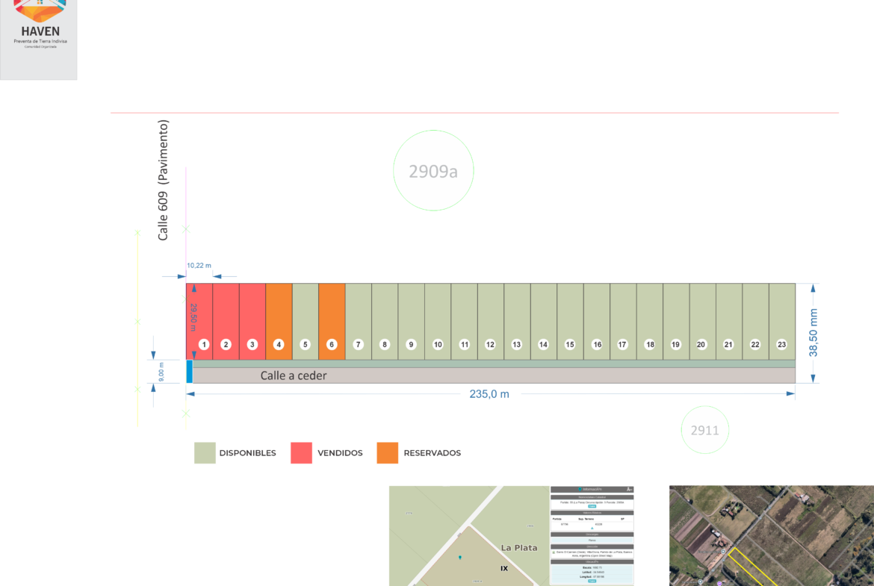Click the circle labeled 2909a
click(433, 171)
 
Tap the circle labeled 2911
click(704, 429)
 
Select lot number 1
click(199, 321)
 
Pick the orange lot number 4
click(279, 321)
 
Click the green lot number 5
click(305, 321)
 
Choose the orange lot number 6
click(332, 321)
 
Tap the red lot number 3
click(252, 321)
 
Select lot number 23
click(782, 321)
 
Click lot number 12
click(490, 321)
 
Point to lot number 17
click(623, 321)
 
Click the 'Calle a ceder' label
click(294, 375)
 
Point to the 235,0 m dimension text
click(489, 394)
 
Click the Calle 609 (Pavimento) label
click(164, 179)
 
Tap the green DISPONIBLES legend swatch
click(205, 453)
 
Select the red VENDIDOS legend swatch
click(301, 453)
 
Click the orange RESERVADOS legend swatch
click(388, 453)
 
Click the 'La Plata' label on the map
click(519, 547)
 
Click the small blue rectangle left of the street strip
click(190, 371)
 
